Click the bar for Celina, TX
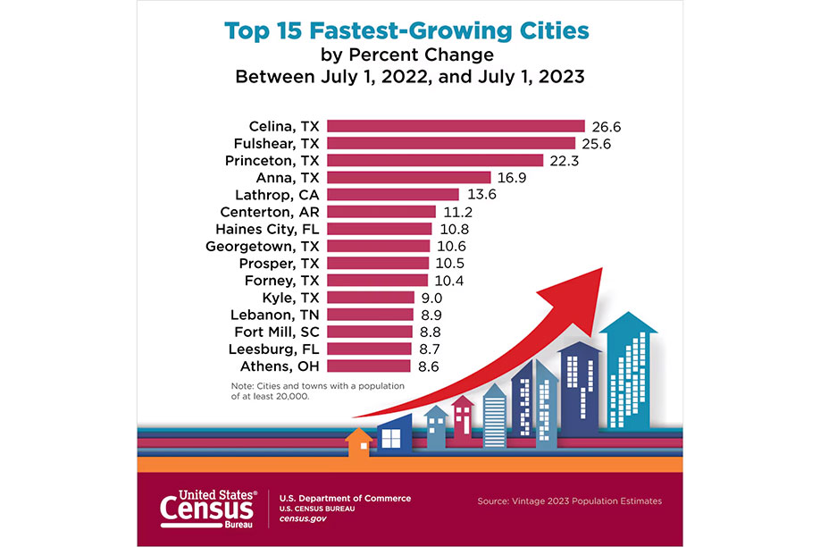456,126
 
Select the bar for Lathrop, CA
392,195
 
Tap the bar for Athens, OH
369,366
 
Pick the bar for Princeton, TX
435,161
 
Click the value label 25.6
595,143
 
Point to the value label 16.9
511,178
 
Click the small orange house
358,442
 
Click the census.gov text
303,519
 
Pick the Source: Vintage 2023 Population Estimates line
570,501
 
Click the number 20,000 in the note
293,396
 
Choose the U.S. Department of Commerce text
346,498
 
